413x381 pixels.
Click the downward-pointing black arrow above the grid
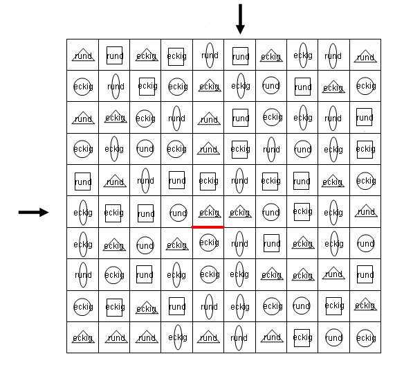pos(240,19)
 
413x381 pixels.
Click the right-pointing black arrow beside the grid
pos(33,212)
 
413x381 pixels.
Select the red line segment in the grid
pos(208,227)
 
